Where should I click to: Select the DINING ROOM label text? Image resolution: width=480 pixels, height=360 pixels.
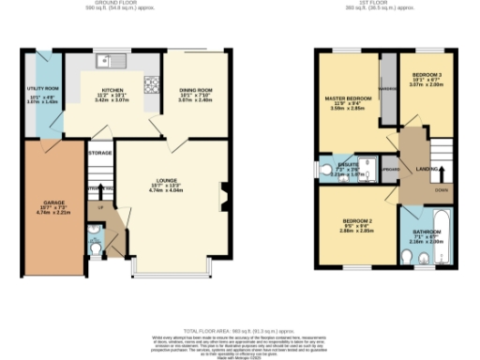tap(197, 90)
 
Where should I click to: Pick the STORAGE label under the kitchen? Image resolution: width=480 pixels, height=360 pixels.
tap(99, 152)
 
